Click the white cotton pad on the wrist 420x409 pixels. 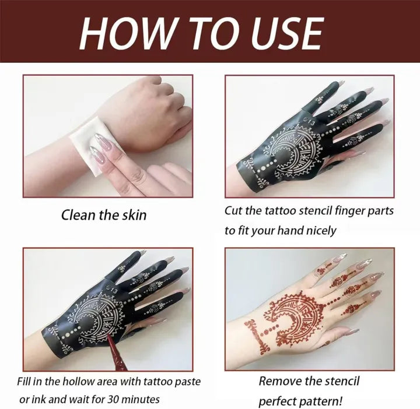(87, 142)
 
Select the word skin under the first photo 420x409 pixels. (134, 215)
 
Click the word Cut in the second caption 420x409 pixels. (233, 210)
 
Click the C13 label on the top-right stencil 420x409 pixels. (309, 122)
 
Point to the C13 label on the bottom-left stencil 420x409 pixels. (111, 289)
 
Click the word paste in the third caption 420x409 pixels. (188, 382)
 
